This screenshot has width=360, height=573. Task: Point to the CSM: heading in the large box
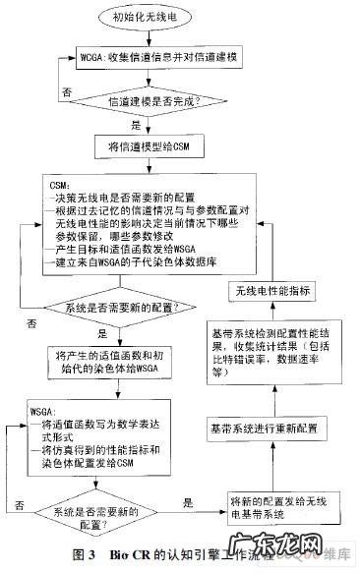59,184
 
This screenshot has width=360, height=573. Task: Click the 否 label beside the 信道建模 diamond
67,89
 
